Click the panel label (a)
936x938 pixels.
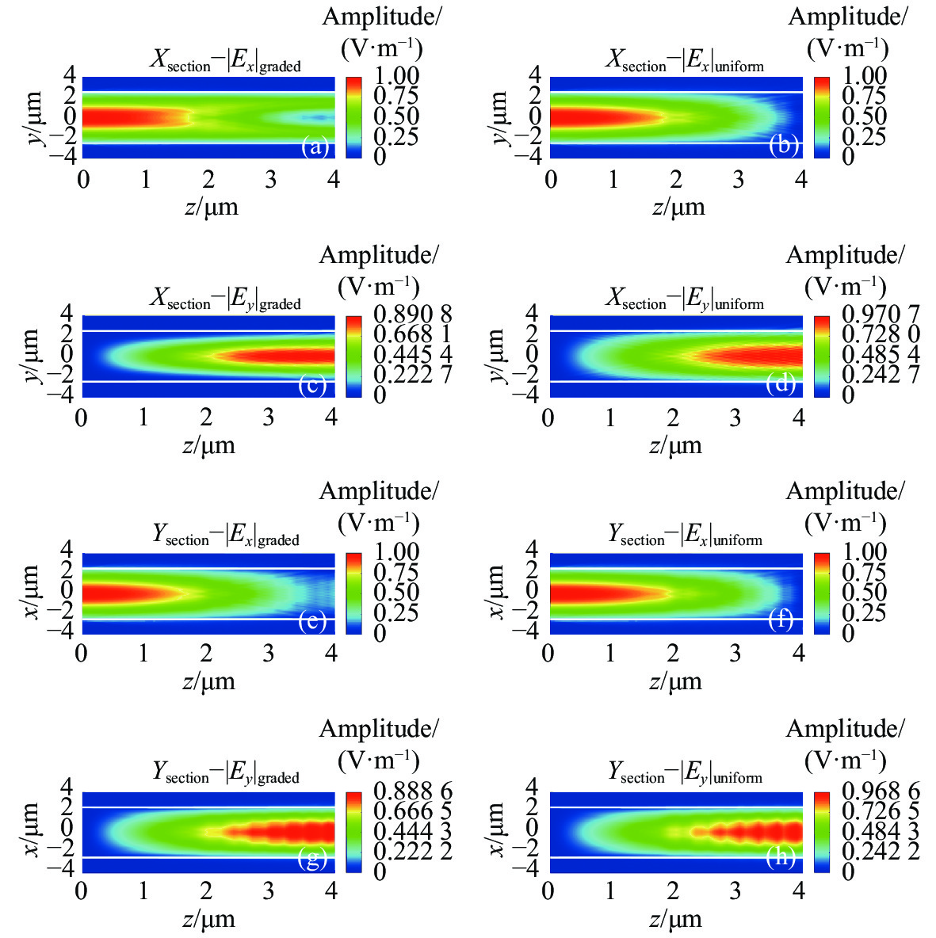click(315, 147)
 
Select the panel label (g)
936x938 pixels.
click(311, 860)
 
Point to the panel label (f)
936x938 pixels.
click(781, 621)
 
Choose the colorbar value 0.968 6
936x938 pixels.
click(867, 790)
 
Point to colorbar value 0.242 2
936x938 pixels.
click(867, 851)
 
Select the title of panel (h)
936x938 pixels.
click(686, 773)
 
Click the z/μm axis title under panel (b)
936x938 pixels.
click(678, 208)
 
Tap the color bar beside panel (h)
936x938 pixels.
click(821, 831)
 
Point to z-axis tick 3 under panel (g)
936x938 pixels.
click(269, 891)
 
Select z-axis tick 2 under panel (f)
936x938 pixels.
click(673, 654)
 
